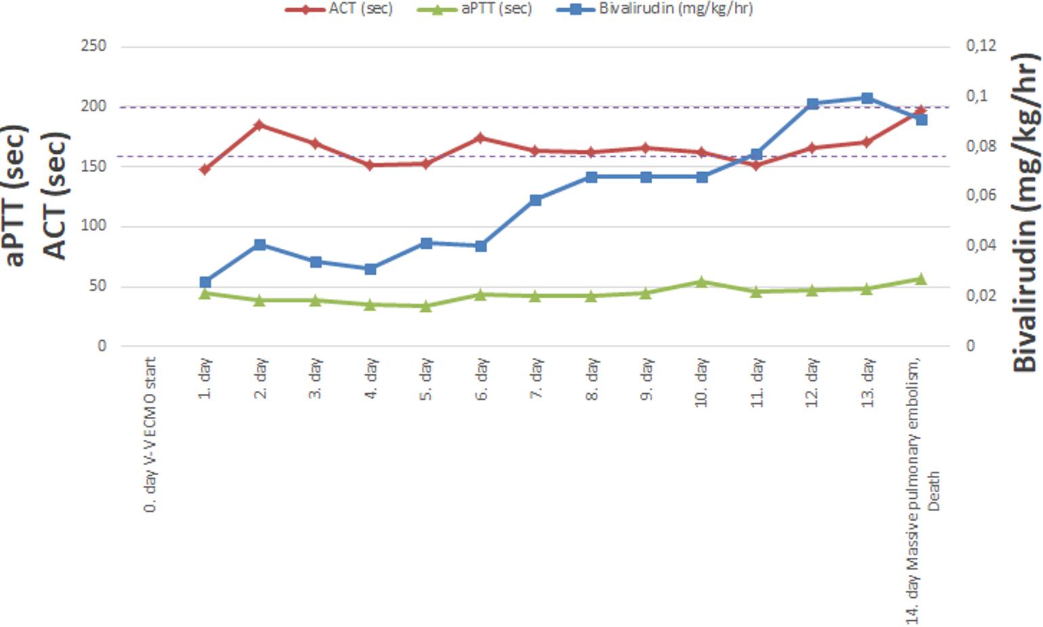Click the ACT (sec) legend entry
(339, 9)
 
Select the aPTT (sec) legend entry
(475, 9)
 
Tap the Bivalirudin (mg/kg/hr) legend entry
(655, 9)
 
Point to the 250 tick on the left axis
(93, 46)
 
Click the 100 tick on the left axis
(93, 226)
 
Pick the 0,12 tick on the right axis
(981, 45)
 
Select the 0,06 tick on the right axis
(981, 195)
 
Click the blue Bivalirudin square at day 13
(867, 98)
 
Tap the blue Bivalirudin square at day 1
(205, 282)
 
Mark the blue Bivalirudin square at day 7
(536, 200)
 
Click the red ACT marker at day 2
(260, 125)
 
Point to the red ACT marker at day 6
(481, 138)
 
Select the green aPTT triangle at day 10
(702, 281)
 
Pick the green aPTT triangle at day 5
(426, 306)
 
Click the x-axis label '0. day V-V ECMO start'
(150, 435)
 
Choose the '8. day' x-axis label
(592, 379)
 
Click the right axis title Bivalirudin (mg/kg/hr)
(1026, 213)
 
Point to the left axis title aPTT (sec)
(14, 195)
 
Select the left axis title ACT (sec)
(56, 195)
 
